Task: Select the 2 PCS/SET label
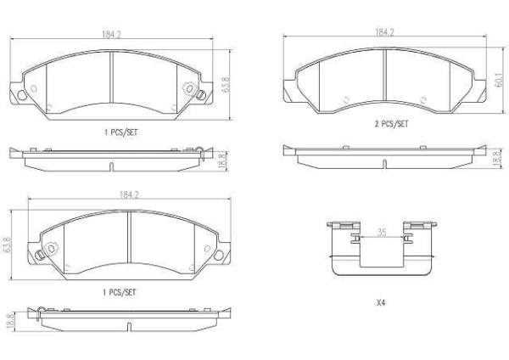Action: coord(390,123)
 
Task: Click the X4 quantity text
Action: coord(381,302)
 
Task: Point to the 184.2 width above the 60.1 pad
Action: coord(385,31)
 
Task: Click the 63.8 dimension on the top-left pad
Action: coord(226,85)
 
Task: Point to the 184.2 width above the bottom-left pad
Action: coord(129,194)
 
